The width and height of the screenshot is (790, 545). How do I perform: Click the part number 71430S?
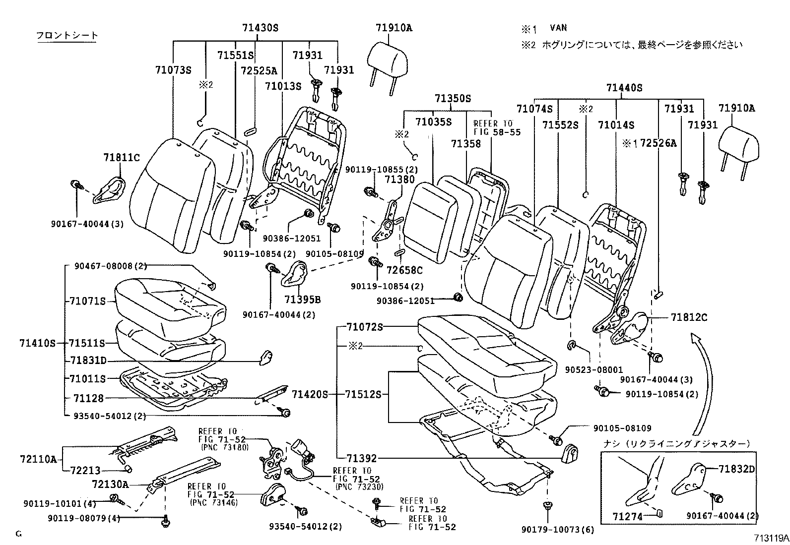261,28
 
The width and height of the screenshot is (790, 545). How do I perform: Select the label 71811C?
122,158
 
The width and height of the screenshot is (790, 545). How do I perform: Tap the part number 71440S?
624,88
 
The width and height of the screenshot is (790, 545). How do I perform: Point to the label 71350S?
453,99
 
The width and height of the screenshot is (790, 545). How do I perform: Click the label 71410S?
38,343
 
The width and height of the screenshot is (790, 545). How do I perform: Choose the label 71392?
362,459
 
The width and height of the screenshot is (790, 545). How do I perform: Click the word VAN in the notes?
558,28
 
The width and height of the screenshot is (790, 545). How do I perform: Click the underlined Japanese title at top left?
67,36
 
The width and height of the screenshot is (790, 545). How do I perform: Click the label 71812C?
689,317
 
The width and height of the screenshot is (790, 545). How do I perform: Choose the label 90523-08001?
590,370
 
